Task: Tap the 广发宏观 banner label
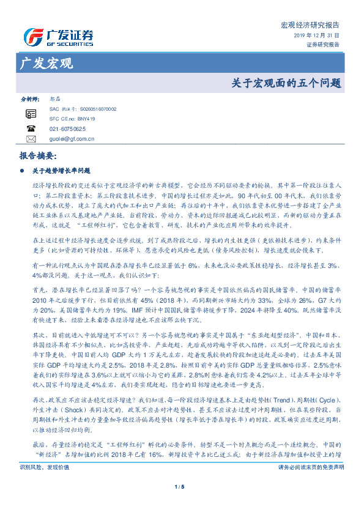pyautogui.click(x=47, y=64)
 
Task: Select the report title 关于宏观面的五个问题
pyautogui.click(x=286, y=83)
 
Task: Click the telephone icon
pyautogui.click(x=31, y=129)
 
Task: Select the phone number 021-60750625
pyautogui.click(x=67, y=129)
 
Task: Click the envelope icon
pyautogui.click(x=31, y=139)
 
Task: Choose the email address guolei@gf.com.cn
pyautogui.click(x=72, y=139)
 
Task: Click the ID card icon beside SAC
pyautogui.click(x=31, y=114)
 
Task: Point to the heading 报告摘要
pyautogui.click(x=38, y=156)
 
